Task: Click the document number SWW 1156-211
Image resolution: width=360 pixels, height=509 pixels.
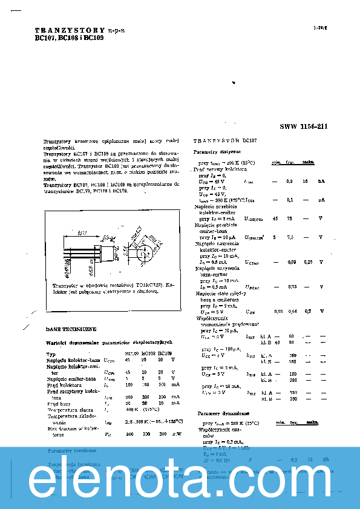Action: (303, 126)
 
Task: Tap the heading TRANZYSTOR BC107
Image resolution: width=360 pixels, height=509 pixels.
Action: (225, 140)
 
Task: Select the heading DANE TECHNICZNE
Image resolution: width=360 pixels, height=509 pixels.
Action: (71, 329)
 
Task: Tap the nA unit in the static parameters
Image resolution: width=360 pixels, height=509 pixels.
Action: (322, 181)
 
